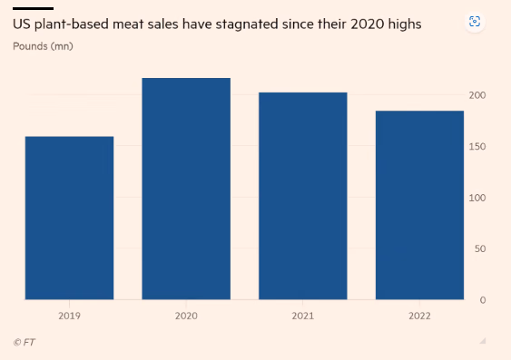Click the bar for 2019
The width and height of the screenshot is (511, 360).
coord(69,218)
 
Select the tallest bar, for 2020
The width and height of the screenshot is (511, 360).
coord(186,189)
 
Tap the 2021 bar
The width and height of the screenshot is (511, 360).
coord(303,196)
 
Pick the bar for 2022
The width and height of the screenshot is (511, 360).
coord(419,205)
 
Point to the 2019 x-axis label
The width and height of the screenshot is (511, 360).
coord(69,316)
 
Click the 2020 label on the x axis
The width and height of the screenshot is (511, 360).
coord(186,316)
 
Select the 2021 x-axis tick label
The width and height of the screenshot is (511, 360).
coord(303,316)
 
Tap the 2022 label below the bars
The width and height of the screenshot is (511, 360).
coord(419,316)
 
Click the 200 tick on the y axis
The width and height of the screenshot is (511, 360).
coord(477,95)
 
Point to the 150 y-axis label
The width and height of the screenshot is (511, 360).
coord(477,147)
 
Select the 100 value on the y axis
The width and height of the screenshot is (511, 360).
coord(477,198)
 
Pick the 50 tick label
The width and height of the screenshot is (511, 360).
coord(480,249)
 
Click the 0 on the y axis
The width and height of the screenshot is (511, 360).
coord(483,300)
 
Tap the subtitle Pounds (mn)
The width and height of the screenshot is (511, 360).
coord(43,46)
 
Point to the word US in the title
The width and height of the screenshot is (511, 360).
coord(22,24)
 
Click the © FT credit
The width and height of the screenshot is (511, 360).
coord(25,343)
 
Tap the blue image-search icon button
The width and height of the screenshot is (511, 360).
coord(475,22)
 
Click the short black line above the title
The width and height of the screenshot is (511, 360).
coord(34,8)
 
